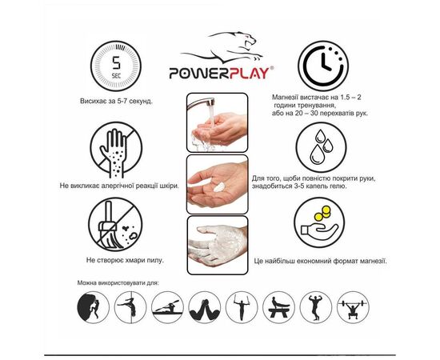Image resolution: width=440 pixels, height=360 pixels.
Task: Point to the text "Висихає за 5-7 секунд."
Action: coord(118,102)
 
